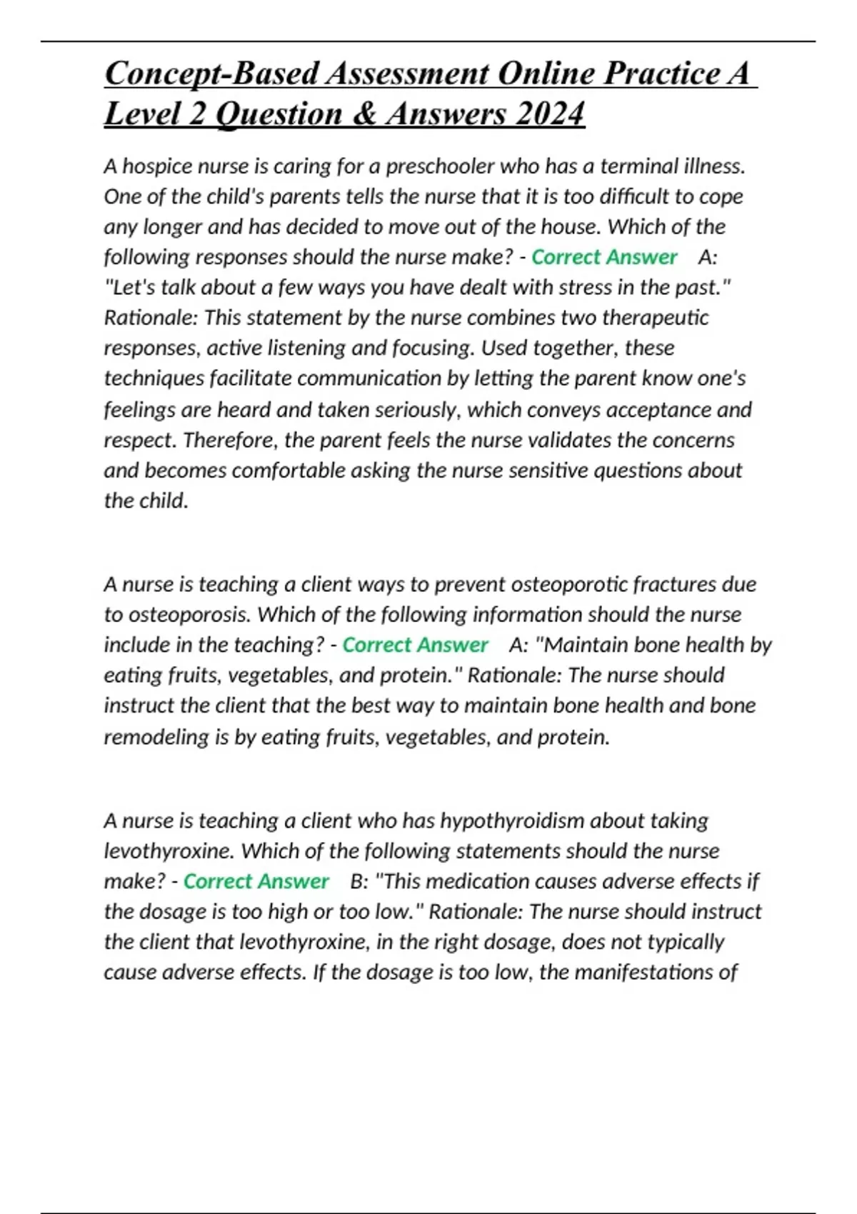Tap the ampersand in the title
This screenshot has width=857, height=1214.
[365, 114]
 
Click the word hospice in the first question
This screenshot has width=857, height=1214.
[158, 166]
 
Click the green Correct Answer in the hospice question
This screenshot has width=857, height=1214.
[604, 257]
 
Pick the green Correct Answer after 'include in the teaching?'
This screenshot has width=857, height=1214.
[415, 645]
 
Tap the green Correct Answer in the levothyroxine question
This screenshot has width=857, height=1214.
[256, 881]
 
